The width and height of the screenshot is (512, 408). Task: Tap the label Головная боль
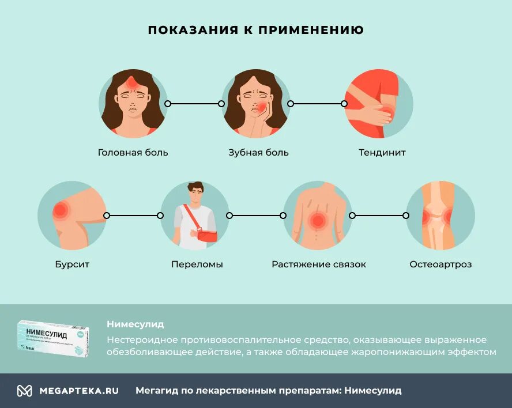(133, 153)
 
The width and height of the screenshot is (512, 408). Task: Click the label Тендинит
(382, 153)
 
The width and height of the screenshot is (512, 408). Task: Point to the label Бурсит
(72, 265)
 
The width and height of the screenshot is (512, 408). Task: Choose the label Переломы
(197, 265)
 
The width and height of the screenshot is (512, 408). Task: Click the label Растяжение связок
(319, 265)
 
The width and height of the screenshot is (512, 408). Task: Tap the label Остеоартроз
(441, 265)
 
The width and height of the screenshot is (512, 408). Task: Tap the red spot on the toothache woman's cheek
(262, 108)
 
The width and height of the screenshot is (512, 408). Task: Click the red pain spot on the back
(317, 220)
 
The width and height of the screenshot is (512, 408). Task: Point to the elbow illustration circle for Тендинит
(379, 104)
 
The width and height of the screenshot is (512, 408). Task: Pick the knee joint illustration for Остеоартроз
(441, 216)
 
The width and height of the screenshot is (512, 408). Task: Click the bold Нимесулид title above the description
(135, 324)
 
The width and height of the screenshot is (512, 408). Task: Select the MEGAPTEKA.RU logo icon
(24, 391)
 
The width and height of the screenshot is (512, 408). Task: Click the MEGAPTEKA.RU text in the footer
(79, 391)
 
